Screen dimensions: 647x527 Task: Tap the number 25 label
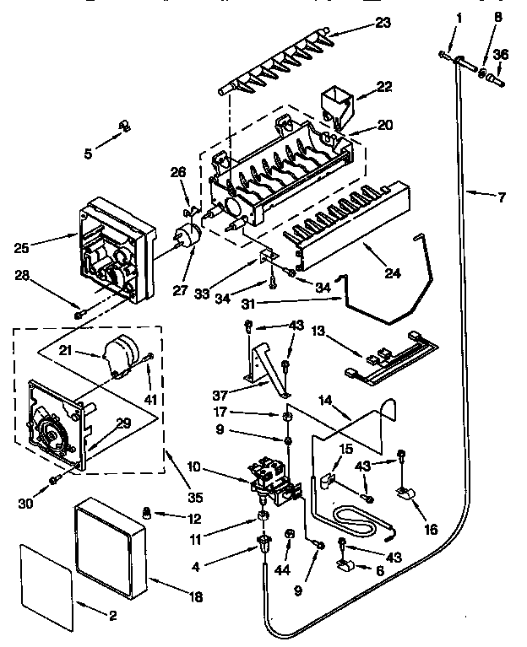tap(23, 249)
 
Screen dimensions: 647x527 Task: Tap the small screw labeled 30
tap(55, 480)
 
